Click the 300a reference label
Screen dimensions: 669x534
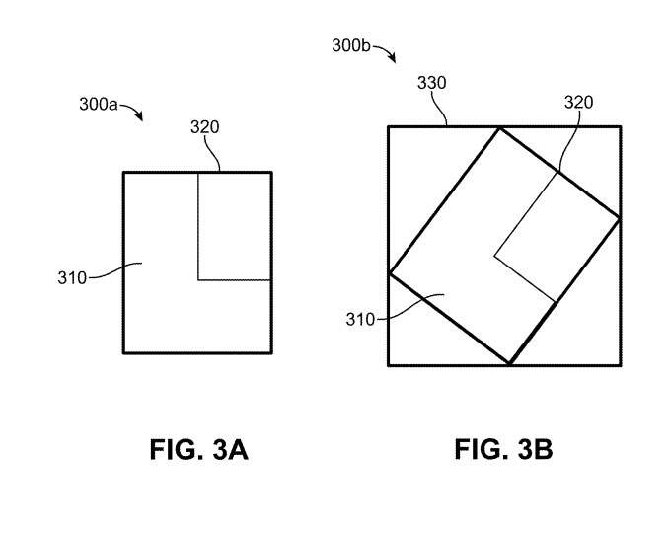coord(98,104)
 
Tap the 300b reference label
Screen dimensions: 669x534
coord(351,45)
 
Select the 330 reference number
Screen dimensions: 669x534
coord(432,83)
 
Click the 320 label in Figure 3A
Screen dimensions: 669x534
coord(205,126)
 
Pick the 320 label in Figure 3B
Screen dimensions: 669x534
coord(578,102)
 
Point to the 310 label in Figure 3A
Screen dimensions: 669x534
coord(72,278)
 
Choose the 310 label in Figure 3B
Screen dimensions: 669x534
coord(360,319)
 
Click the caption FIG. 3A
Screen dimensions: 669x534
coord(198,449)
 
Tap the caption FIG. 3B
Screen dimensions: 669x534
coord(503,449)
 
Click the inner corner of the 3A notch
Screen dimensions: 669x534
coord(198,280)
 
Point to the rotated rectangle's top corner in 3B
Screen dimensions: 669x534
coord(498,127)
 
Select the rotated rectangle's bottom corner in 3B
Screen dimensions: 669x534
coord(509,364)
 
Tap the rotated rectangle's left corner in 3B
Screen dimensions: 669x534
coord(390,273)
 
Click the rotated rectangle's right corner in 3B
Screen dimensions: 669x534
coord(620,218)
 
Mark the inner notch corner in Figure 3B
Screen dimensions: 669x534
coord(494,257)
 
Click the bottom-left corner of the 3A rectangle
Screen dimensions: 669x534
coord(123,353)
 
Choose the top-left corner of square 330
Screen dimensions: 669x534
coord(389,126)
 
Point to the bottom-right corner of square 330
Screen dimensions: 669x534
coord(621,365)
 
